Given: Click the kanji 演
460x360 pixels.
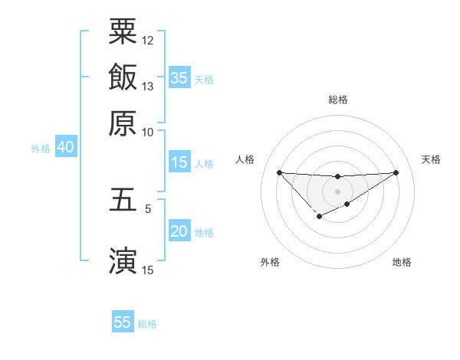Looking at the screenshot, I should [123, 260].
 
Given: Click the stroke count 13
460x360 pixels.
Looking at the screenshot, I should [148, 86].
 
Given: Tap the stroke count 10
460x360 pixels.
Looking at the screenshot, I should [148, 131].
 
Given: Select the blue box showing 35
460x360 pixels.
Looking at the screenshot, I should [179, 77].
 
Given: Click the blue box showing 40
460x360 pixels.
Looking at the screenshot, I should [64, 148].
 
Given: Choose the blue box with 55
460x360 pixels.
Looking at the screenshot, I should [123, 322].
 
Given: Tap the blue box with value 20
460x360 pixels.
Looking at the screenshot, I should [179, 232].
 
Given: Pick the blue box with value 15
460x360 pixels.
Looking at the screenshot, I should [179, 162].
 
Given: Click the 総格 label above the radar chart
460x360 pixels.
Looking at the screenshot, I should [337, 100].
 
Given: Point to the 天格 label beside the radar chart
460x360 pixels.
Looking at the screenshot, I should [431, 159].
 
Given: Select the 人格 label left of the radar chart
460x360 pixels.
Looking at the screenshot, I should [245, 159].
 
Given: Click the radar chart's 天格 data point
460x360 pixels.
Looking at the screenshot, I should [396, 172].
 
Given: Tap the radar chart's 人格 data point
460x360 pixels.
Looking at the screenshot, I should [279, 172].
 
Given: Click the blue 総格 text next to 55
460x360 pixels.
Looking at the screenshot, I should [147, 323].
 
